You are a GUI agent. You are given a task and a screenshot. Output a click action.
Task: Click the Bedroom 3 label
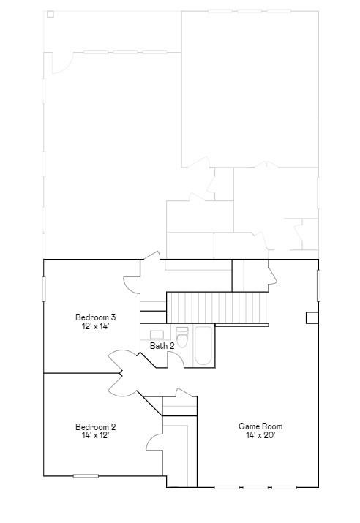(x=96, y=317)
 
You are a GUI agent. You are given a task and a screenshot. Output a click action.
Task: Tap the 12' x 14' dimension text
(x=96, y=326)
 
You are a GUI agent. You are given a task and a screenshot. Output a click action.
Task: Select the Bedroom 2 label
(x=96, y=427)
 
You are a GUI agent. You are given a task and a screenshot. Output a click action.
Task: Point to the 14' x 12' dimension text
(x=96, y=435)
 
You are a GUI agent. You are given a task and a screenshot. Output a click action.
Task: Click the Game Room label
(x=260, y=426)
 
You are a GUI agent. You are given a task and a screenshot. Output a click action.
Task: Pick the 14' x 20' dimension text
(x=260, y=435)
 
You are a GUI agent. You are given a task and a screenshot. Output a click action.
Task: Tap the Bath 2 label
(x=162, y=346)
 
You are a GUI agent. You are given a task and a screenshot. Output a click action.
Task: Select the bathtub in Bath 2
(x=203, y=346)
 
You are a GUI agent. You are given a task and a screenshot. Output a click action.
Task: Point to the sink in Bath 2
(x=157, y=334)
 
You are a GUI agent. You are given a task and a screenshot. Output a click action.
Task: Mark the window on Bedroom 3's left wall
(x=44, y=287)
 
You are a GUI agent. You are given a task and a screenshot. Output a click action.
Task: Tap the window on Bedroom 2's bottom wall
(x=86, y=476)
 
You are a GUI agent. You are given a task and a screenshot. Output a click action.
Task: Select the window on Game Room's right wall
(x=318, y=285)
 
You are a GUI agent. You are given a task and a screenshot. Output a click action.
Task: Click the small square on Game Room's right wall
(x=312, y=317)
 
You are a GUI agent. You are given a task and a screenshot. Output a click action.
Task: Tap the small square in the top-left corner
(x=50, y=14)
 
